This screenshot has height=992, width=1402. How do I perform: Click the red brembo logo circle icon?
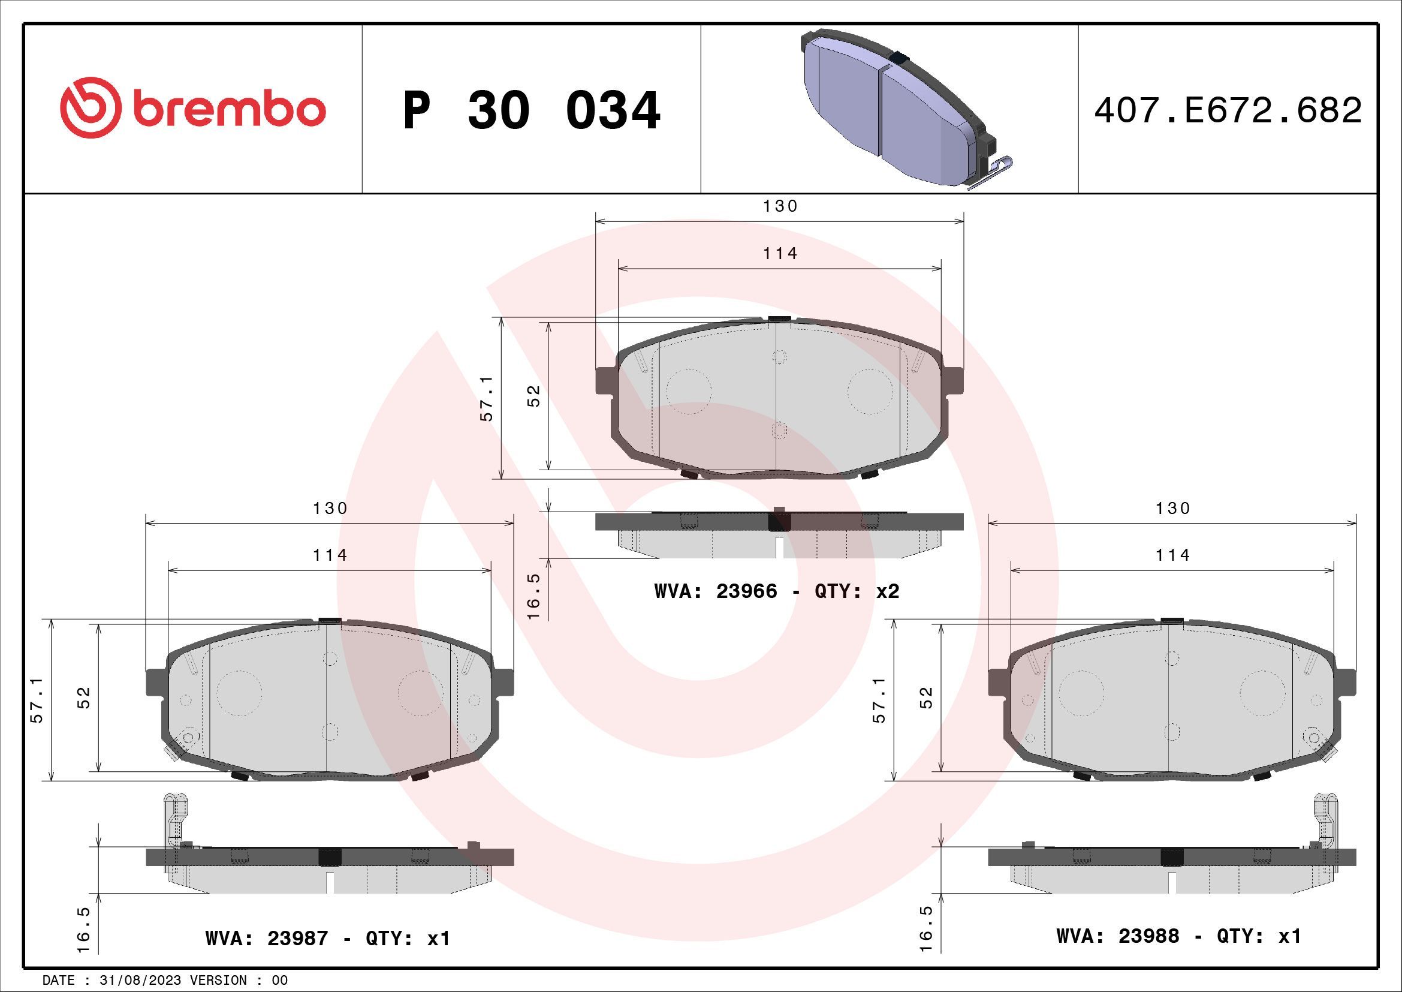[x=88, y=107]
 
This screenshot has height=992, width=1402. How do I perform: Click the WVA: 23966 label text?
[x=716, y=591]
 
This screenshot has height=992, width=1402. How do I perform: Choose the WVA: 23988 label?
[x=1117, y=936]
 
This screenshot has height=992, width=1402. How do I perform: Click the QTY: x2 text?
[x=857, y=591]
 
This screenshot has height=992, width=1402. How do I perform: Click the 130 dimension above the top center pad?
[x=780, y=206]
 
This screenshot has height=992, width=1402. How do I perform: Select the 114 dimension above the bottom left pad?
[x=330, y=555]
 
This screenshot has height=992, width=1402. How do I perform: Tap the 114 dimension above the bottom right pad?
[x=1172, y=555]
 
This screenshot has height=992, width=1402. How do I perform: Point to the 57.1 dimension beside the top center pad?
[x=487, y=398]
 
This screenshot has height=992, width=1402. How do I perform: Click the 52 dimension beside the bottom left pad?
[x=84, y=698]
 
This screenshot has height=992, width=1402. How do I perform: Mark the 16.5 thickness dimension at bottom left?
[x=84, y=929]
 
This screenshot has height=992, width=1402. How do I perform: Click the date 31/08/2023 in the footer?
[x=140, y=981]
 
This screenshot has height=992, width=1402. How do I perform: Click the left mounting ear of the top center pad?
[x=605, y=381]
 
